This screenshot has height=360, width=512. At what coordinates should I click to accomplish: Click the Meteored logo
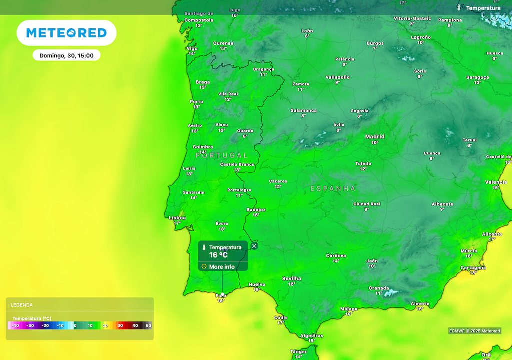click(x=66, y=33)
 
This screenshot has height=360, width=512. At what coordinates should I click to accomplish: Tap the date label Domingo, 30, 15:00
click(x=67, y=55)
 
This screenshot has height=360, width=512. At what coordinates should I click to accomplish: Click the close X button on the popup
click(x=254, y=246)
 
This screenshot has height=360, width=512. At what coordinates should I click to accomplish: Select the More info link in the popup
click(x=222, y=267)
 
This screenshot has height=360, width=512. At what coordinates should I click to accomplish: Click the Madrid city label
click(x=375, y=136)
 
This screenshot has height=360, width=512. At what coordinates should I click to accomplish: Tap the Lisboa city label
click(x=177, y=217)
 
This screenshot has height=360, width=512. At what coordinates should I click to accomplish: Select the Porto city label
click(x=196, y=102)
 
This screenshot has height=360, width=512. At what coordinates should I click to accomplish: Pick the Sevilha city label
click(x=291, y=278)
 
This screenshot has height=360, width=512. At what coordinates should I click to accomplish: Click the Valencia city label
click(x=496, y=182)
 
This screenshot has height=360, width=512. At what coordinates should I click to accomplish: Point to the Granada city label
click(x=379, y=288)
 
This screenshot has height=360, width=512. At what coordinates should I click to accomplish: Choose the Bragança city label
click(x=264, y=69)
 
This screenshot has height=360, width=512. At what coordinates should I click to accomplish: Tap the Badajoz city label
click(x=256, y=210)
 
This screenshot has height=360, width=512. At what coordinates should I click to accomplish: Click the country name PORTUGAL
click(x=222, y=155)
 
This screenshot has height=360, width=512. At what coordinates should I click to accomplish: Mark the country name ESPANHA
click(x=333, y=189)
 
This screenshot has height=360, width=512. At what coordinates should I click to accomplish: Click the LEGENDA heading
click(x=22, y=305)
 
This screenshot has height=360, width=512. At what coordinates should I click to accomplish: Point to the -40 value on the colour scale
click(x=16, y=326)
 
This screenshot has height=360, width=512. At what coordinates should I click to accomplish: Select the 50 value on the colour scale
click(x=148, y=326)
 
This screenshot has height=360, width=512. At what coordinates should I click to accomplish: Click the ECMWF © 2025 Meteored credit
click(x=474, y=331)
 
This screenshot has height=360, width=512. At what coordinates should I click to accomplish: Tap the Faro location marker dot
click(x=222, y=294)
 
